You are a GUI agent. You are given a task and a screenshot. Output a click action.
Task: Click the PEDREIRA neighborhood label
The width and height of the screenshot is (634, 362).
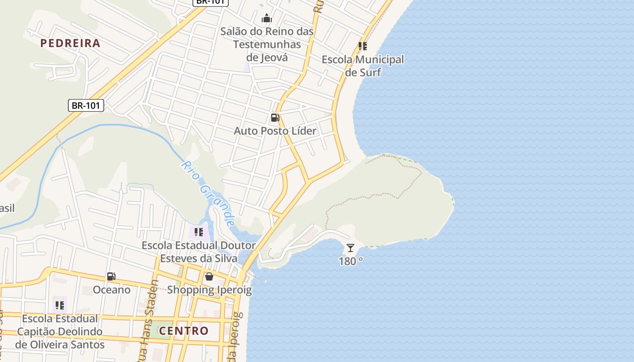click(x=70, y=43)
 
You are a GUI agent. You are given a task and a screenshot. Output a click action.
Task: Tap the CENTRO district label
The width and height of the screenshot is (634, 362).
click(x=184, y=331)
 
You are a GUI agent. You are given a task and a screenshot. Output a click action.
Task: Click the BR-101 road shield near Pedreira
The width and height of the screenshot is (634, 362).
click(x=86, y=106)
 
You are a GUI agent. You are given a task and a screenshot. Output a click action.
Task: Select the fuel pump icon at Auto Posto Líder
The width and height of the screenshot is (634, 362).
click(x=275, y=118)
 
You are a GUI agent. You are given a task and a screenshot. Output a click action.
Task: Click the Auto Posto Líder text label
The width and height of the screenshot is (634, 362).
click(x=275, y=131)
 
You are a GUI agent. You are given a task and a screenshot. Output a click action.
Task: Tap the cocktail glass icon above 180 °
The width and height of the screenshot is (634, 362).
click(x=351, y=248)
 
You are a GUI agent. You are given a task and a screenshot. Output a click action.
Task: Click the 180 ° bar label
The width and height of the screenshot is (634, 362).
click(x=351, y=262)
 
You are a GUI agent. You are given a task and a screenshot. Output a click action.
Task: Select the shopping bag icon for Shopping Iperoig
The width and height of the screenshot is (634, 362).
click(x=209, y=276)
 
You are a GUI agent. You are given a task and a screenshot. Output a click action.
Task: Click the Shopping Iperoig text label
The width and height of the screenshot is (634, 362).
click(x=209, y=290)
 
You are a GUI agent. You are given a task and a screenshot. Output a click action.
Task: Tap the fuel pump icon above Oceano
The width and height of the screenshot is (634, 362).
click(x=111, y=276)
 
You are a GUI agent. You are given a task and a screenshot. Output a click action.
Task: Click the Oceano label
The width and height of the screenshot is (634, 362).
click(x=111, y=290)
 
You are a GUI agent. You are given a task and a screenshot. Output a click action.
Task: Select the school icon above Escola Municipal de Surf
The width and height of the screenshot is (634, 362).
click(x=362, y=46)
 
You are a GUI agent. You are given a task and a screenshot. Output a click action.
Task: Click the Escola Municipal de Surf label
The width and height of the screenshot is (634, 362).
click(x=362, y=66)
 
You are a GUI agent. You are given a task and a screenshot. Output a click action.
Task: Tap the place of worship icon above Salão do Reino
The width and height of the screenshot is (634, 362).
click(x=267, y=18)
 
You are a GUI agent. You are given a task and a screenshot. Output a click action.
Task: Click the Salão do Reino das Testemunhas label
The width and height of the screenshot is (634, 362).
click(x=267, y=44)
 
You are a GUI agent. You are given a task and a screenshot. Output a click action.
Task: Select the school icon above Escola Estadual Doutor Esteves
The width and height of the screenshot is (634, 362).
click(x=198, y=233)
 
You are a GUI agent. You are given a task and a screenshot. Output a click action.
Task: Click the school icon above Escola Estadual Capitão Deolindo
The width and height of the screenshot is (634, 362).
click(x=59, y=305)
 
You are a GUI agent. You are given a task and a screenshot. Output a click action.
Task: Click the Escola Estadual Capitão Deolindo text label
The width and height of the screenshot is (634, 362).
click(x=60, y=331)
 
